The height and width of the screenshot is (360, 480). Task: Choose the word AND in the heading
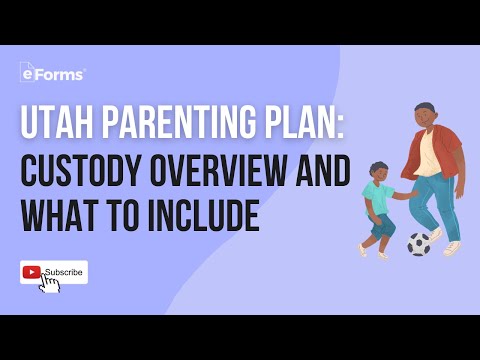click(319, 173)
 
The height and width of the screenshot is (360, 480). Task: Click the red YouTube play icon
click(32, 272)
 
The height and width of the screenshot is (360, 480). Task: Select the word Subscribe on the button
click(63, 272)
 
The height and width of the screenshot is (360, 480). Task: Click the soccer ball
click(419, 243)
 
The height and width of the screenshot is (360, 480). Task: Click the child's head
click(379, 172)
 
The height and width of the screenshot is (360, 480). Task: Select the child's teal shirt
click(379, 197)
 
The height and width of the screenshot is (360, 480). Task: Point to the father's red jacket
click(449, 150)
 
